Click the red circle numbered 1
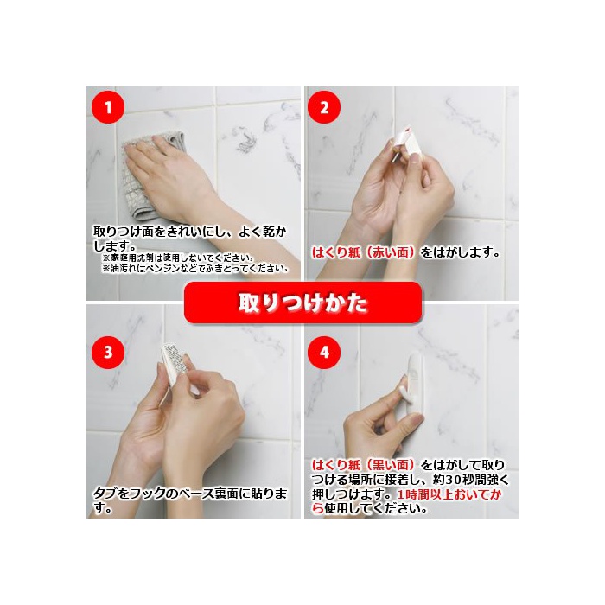click(108, 107)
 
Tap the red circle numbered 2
click(324, 107)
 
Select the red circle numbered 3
click(108, 353)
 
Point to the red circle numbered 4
click(324, 353)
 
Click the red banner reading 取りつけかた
click(302, 302)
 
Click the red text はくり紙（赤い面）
click(365, 252)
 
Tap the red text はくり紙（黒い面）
click(365, 465)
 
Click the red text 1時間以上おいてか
click(449, 494)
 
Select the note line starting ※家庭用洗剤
click(178, 258)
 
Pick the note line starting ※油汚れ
click(195, 269)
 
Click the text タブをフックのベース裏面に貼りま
click(190, 494)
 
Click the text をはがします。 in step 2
click(461, 252)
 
